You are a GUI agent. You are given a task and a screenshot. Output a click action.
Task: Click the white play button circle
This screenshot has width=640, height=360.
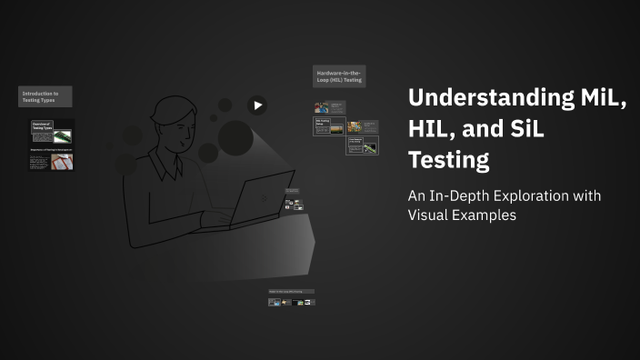tap(258, 105)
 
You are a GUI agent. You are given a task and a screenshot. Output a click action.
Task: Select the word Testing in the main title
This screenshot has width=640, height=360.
tap(448, 161)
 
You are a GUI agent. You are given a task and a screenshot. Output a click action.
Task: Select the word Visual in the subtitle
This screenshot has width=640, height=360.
tap(427, 215)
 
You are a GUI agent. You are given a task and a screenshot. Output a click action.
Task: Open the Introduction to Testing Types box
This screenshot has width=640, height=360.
tap(45, 96)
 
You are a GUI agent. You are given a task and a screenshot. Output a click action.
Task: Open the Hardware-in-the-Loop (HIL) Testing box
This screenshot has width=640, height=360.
tap(339, 76)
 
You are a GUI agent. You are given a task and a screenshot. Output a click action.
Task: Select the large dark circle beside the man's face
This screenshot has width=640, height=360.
tap(235, 137)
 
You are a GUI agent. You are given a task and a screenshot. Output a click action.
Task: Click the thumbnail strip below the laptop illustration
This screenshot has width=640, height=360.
tap(291, 298)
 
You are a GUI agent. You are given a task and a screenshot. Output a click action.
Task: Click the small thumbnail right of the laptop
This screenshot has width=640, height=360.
tap(292, 200)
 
